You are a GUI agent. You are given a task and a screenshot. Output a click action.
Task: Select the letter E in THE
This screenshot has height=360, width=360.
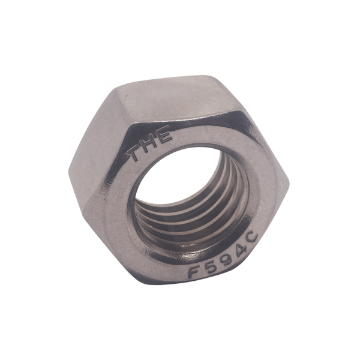[x=165, y=135]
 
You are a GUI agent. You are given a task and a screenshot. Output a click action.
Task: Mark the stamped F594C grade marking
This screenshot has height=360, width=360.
[x=224, y=256]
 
